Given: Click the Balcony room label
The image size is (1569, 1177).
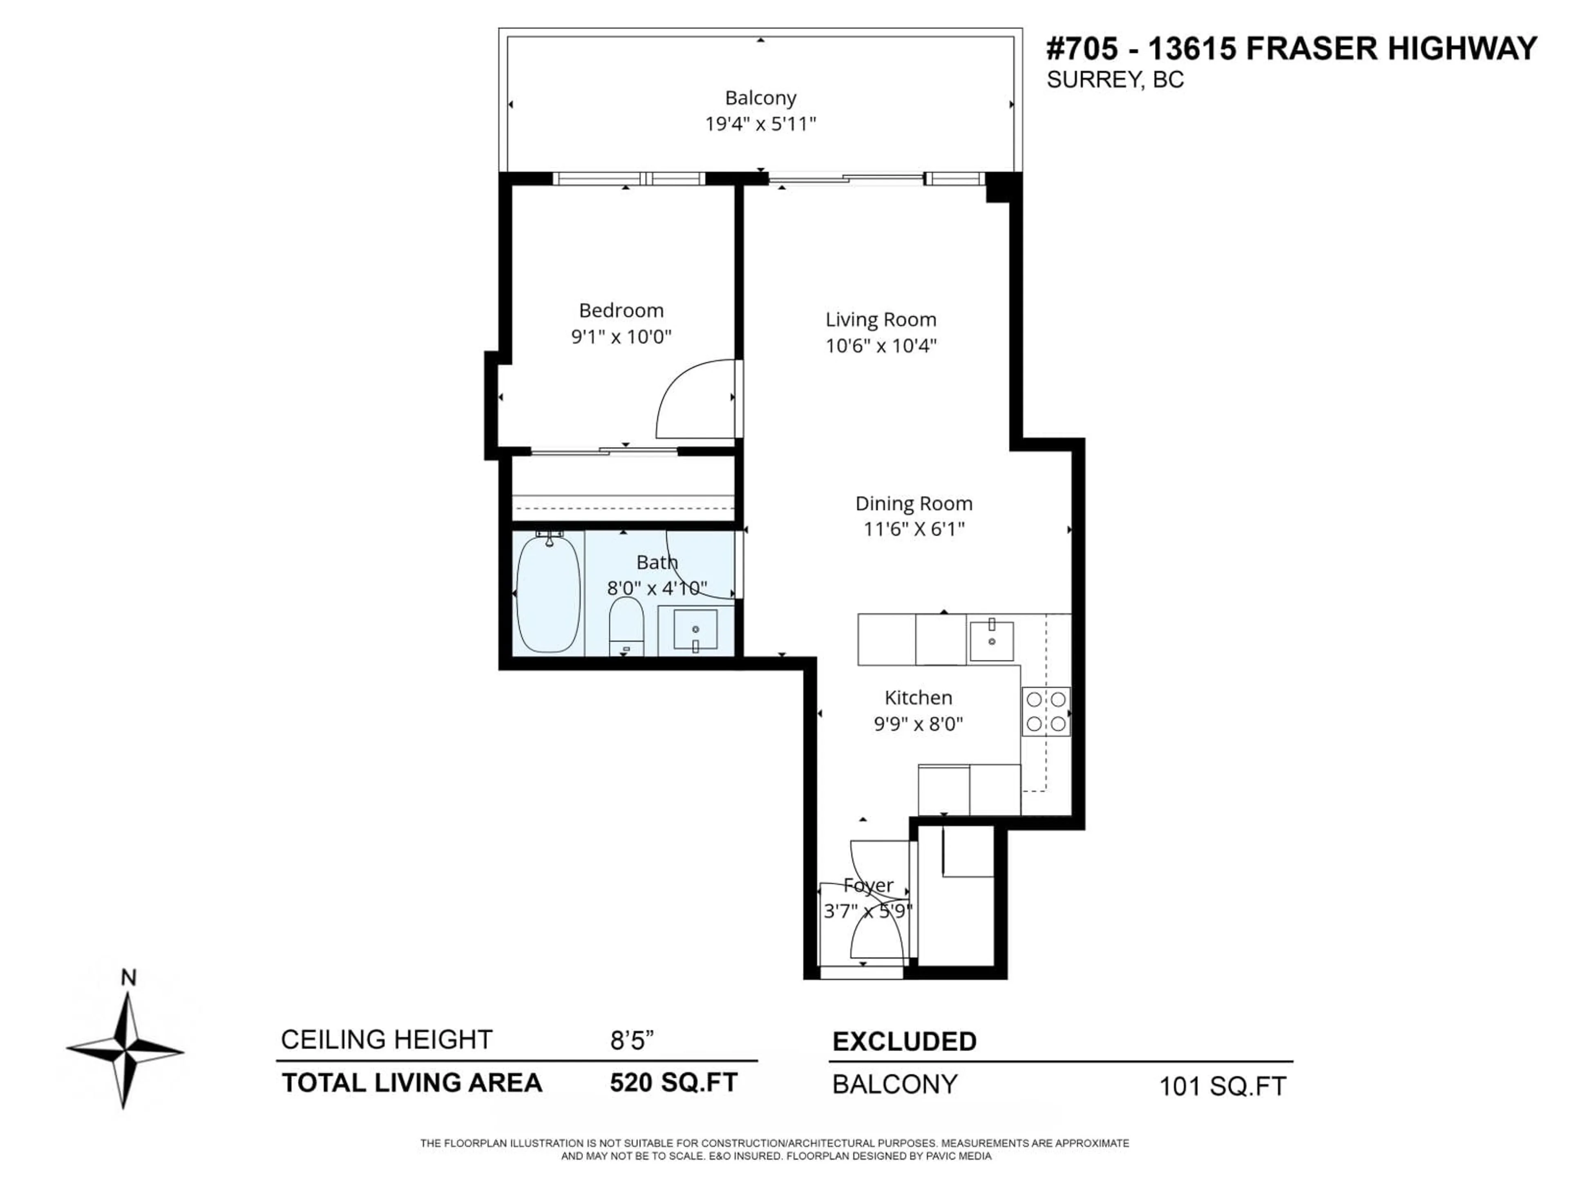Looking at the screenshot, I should (760, 98).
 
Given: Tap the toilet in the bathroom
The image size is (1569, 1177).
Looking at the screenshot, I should (626, 625).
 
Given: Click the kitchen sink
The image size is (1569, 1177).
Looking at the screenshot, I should (992, 641).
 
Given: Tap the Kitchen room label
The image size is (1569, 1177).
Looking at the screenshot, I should (918, 697).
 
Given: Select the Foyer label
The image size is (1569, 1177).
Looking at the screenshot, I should (868, 886).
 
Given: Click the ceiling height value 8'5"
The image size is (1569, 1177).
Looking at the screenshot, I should (631, 1040).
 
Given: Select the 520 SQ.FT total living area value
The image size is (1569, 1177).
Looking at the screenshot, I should (673, 1083).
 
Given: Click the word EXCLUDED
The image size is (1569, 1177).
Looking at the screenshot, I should (904, 1041).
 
